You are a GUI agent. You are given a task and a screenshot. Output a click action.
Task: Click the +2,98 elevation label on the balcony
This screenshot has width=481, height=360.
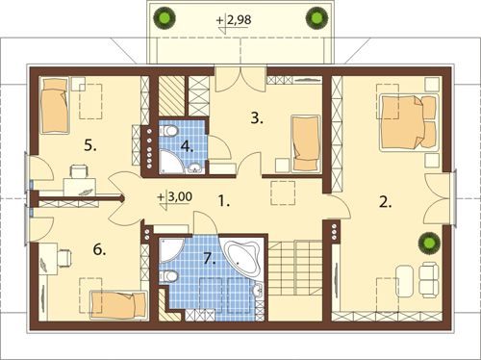pyautogui.click(x=234, y=20)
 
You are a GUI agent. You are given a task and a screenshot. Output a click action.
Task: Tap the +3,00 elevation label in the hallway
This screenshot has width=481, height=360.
pyautogui.click(x=175, y=196)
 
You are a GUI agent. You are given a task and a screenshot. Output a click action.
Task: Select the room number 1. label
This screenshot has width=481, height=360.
pyautogui.click(x=223, y=201)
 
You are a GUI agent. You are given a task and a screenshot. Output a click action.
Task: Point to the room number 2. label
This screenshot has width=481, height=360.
pyautogui.click(x=385, y=202)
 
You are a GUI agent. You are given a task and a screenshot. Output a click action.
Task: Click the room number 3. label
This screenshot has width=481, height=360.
pyautogui.click(x=257, y=118)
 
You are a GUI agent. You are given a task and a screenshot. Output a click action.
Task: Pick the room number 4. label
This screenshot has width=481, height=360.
pyautogui.click(x=187, y=146)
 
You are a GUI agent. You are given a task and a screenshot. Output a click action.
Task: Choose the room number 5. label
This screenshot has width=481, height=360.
pyautogui.click(x=90, y=146)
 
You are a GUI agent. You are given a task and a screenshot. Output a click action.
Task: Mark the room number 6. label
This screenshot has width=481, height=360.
pyautogui.click(x=99, y=249)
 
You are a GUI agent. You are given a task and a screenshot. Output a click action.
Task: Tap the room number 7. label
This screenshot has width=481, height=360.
pyautogui.click(x=210, y=258)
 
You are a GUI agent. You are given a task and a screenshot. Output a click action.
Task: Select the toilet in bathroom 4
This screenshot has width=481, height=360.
pyautogui.click(x=169, y=131)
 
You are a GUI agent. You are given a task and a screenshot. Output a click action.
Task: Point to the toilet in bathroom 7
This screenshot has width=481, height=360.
pyautogui.click(x=168, y=275)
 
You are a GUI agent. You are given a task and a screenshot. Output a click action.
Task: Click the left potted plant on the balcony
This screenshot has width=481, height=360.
pyautogui.click(x=165, y=18)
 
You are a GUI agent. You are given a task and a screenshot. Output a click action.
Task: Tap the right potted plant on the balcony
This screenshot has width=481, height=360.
pyautogui.click(x=316, y=17)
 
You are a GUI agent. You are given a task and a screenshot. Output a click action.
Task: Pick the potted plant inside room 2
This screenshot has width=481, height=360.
pyautogui.click(x=429, y=244)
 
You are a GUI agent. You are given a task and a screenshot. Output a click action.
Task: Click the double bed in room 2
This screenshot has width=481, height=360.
pyautogui.click(x=409, y=122)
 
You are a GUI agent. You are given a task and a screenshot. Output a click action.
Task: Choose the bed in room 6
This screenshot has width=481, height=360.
pyautogui.click(x=118, y=305)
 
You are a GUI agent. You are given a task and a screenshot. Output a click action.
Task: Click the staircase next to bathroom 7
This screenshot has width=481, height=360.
pyautogui.click(x=295, y=269)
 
